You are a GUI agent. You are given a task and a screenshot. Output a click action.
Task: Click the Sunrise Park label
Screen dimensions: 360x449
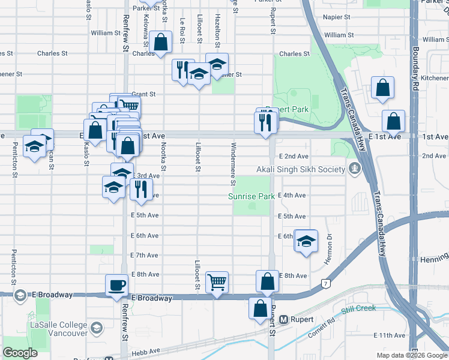251,196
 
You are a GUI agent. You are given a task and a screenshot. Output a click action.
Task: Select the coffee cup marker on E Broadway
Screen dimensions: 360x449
116,284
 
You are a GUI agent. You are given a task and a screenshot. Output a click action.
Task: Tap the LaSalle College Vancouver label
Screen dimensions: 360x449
58,328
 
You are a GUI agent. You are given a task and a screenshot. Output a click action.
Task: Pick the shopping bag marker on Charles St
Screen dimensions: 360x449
160,42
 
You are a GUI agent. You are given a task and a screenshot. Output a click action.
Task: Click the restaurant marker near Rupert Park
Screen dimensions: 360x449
265,122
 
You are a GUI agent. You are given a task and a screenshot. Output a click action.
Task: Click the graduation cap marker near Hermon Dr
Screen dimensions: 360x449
306,241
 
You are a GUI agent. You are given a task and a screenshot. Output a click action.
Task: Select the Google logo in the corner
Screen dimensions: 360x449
20,353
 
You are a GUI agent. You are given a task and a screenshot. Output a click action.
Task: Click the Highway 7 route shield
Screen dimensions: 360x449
325,283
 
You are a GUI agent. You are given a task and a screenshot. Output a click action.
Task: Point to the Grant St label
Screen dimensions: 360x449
143,94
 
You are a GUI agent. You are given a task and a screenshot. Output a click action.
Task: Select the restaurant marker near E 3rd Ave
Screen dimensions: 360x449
140,189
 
